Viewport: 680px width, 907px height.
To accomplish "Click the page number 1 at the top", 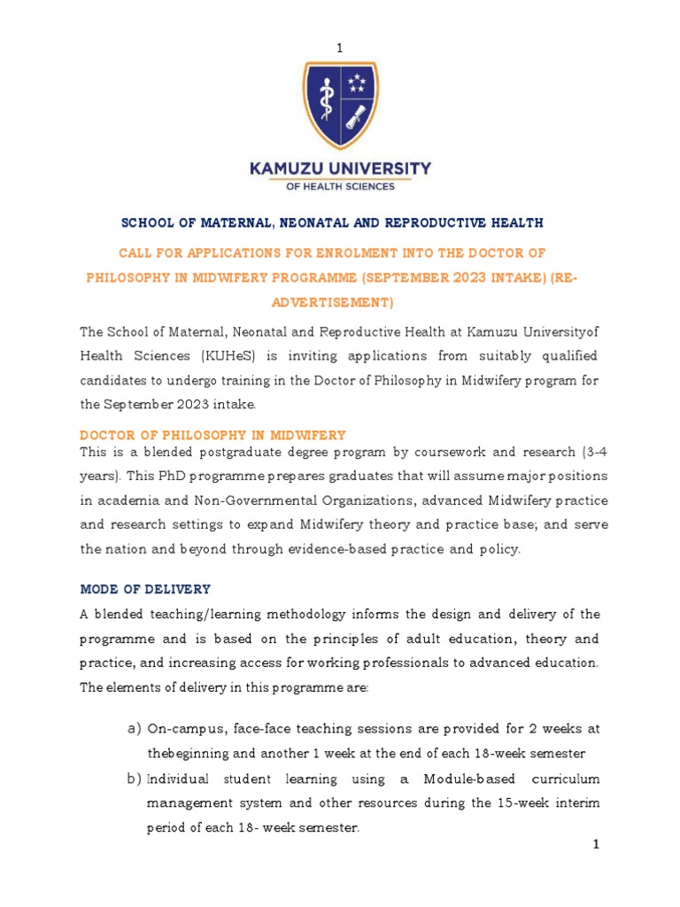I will click(x=339, y=48).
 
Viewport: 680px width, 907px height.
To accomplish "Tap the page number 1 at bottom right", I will click(x=596, y=845).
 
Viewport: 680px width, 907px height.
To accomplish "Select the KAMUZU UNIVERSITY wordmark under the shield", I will click(x=340, y=167).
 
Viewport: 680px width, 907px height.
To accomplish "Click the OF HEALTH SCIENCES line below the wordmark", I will click(x=340, y=186).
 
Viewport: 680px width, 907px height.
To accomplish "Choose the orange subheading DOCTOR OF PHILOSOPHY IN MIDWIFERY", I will click(x=212, y=435).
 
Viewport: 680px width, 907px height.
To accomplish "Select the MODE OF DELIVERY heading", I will click(x=145, y=589).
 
